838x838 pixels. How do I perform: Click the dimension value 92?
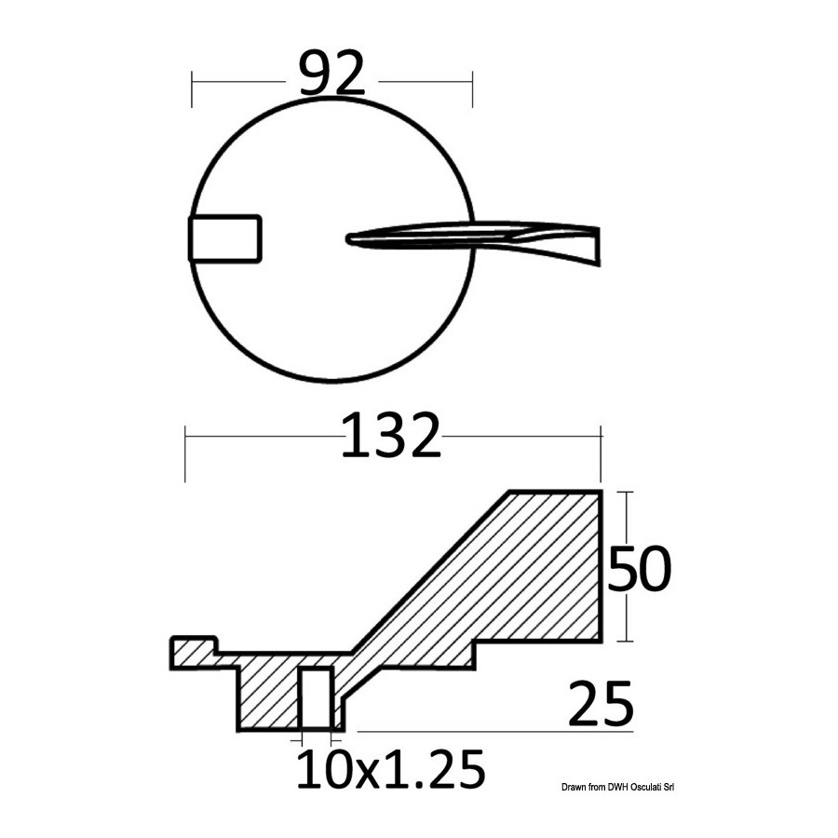(331, 74)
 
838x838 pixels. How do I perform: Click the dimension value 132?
(391, 436)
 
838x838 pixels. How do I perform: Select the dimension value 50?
(639, 568)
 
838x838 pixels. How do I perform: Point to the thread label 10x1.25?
(391, 769)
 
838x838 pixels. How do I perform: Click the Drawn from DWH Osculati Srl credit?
(618, 787)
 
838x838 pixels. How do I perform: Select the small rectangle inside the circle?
(225, 239)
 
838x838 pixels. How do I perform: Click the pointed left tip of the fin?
(348, 239)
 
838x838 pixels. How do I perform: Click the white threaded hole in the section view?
(317, 698)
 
